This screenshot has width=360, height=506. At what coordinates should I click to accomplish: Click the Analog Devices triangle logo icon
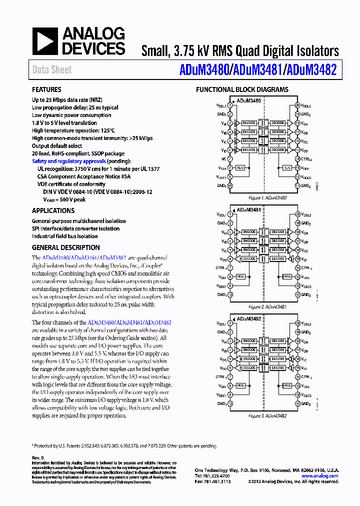click(x=45, y=41)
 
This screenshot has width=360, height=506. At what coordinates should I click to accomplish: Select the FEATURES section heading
click(x=46, y=90)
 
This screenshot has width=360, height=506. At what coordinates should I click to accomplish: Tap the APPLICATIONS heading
click(x=53, y=210)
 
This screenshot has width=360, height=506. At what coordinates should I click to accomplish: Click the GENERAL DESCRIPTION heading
click(x=65, y=247)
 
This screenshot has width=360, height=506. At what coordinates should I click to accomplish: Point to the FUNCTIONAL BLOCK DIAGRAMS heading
click(x=241, y=90)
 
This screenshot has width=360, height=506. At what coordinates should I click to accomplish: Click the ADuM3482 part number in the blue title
click(x=310, y=70)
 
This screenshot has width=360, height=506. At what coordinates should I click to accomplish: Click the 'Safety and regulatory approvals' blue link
click(x=68, y=161)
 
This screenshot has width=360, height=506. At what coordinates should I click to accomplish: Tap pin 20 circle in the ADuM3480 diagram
click(x=297, y=105)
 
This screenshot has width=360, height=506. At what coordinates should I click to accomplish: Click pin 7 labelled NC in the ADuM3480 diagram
click(x=230, y=159)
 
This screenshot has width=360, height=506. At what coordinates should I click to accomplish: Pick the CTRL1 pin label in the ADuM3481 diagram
click(x=221, y=267)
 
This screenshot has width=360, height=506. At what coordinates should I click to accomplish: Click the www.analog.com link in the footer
click(x=320, y=476)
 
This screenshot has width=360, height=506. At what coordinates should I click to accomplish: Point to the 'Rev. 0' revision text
click(x=38, y=457)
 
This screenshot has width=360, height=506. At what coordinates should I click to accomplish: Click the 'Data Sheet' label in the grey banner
click(x=52, y=70)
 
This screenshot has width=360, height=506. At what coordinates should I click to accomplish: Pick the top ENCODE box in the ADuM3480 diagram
click(x=248, y=123)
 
